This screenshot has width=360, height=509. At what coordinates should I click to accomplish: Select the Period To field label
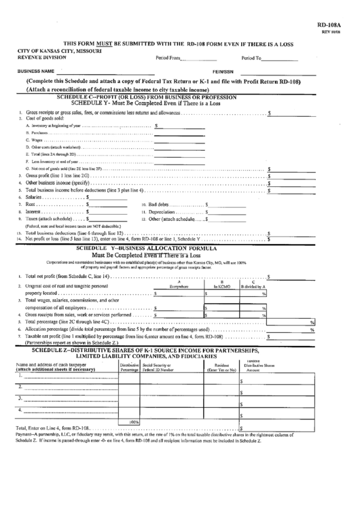click(250, 58)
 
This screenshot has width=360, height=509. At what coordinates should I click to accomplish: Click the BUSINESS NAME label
click(36, 71)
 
